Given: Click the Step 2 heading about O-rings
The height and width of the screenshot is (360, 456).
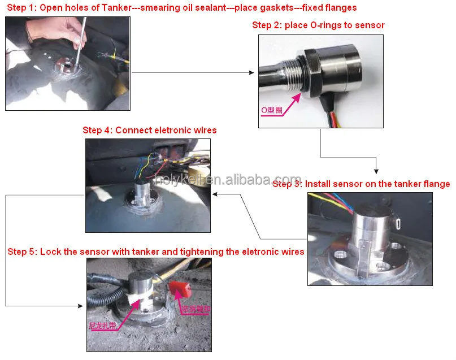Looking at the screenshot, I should [318, 25].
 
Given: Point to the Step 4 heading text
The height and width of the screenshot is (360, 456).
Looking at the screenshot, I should [149, 130].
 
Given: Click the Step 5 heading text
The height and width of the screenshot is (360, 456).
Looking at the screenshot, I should [155, 251].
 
